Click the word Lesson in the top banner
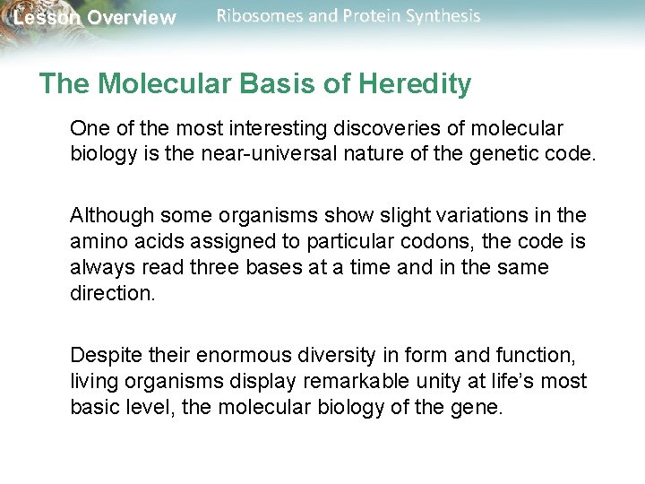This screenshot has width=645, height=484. tap(46, 18)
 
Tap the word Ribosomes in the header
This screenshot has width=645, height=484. tap(254, 16)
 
